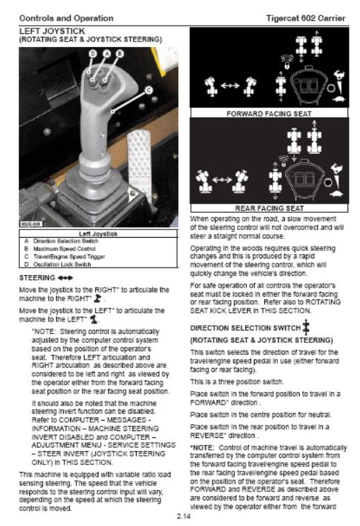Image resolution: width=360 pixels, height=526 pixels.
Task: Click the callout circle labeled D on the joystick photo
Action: [x=93, y=53]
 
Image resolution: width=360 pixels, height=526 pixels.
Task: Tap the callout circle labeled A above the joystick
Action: [x=106, y=53]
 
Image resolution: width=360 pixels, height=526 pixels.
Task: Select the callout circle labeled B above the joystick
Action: [x=120, y=53]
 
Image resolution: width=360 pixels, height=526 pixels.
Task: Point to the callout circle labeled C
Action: [x=148, y=90]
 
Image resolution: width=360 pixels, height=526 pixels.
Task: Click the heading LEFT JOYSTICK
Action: [x=52, y=31]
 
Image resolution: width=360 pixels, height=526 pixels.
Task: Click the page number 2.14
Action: [x=183, y=516]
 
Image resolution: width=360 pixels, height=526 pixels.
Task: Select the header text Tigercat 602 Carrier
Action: [x=306, y=18]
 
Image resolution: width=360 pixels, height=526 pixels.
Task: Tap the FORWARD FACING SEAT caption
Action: [x=269, y=114]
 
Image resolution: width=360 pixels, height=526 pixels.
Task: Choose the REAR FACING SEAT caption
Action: [x=269, y=209]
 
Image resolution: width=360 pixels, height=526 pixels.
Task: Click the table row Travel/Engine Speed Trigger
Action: [x=65, y=256]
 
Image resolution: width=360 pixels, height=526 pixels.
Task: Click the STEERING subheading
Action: [x=37, y=278]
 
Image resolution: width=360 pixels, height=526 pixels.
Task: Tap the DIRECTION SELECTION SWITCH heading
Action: [x=245, y=328]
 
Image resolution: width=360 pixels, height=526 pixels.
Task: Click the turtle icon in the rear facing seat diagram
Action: [x=336, y=194]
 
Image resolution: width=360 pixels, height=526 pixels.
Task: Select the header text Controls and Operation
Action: [x=66, y=18]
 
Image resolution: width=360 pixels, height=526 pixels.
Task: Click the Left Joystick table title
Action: [x=98, y=234]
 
